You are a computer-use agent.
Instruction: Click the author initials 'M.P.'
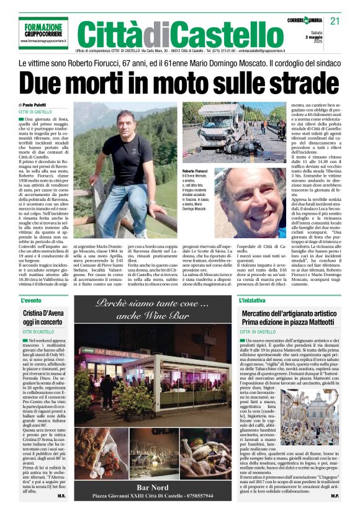(334, 496)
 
